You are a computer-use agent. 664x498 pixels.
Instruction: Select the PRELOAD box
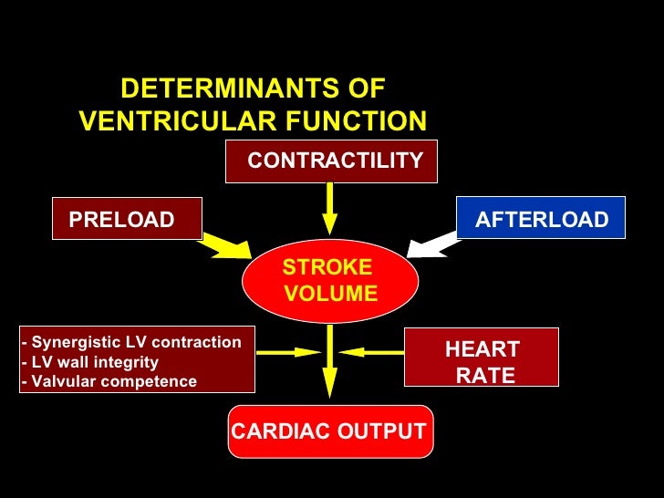pyautogui.click(x=127, y=219)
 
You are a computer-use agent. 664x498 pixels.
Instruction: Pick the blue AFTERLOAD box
pyautogui.click(x=541, y=219)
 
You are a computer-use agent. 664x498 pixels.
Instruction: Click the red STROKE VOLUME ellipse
pyautogui.click(x=329, y=281)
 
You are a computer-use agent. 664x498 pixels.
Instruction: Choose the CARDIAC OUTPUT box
pyautogui.click(x=329, y=431)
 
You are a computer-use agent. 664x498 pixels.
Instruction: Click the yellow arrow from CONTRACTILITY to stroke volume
pyautogui.click(x=330, y=209)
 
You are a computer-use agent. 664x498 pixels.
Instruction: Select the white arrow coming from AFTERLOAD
pyautogui.click(x=434, y=244)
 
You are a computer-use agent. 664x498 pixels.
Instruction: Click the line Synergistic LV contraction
pyautogui.click(x=131, y=342)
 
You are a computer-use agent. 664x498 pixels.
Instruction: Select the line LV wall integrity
pyautogui.click(x=89, y=362)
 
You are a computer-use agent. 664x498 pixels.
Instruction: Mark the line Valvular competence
pyautogui.click(x=109, y=381)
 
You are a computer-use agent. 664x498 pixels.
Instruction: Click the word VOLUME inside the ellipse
pyautogui.click(x=330, y=294)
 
